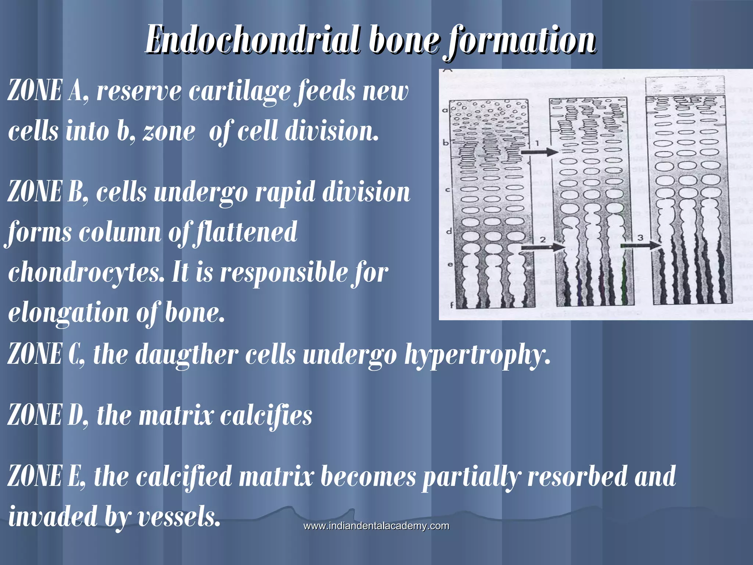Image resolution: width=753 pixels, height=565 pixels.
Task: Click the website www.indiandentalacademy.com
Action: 376,526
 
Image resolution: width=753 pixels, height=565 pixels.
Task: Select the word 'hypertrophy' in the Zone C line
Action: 477,355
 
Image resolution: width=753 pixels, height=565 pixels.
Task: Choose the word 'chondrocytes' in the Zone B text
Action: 86,273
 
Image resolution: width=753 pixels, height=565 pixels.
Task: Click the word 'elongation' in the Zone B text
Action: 68,314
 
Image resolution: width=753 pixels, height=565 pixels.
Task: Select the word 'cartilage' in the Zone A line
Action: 239,92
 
